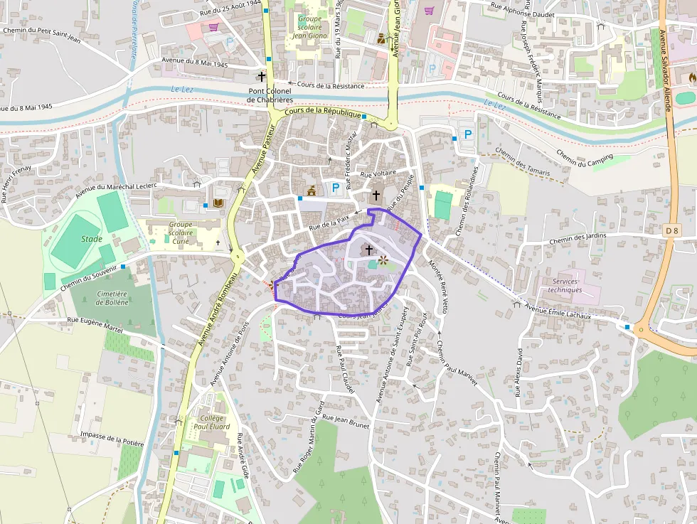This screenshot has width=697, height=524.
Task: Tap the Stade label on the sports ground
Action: click(x=91, y=239)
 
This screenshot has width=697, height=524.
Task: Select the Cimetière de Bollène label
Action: click(x=112, y=298)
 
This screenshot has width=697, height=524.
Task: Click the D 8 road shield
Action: click(x=674, y=230)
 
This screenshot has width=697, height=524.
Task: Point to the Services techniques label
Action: click(x=565, y=285)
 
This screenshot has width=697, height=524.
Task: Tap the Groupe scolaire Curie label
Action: click(x=181, y=232)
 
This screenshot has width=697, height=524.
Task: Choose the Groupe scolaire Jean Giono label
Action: click(x=309, y=26)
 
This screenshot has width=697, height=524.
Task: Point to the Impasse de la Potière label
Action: click(x=112, y=439)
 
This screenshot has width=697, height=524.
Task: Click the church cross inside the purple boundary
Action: click(x=368, y=250)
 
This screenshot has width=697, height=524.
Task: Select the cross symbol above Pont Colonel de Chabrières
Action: click(x=261, y=75)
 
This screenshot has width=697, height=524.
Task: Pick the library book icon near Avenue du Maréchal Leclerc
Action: click(x=218, y=204)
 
